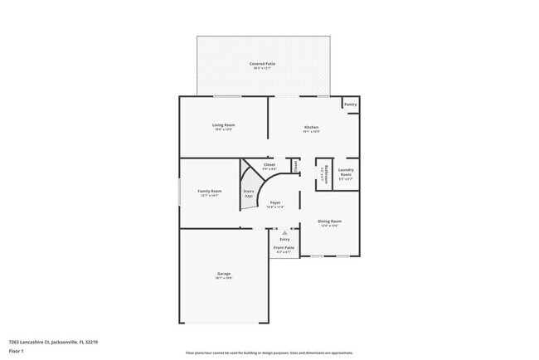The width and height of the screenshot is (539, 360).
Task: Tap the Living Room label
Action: click(x=224, y=124)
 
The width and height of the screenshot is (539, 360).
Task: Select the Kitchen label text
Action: click(x=311, y=127)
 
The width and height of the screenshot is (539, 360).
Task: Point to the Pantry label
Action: click(x=351, y=105)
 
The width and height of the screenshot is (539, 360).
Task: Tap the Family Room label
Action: click(x=209, y=191)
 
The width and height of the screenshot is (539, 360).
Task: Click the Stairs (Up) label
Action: click(x=248, y=193)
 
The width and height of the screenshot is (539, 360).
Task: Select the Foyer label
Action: click(x=275, y=202)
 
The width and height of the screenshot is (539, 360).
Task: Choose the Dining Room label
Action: click(x=330, y=221)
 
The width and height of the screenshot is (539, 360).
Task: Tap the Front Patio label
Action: click(x=284, y=248)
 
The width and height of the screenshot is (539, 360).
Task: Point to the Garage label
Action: click(x=224, y=274)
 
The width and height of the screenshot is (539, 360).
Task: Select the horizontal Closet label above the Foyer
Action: click(x=269, y=164)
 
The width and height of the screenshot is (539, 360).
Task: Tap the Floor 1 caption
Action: click(x=17, y=350)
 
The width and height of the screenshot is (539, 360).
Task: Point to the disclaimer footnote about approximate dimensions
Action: click(x=269, y=353)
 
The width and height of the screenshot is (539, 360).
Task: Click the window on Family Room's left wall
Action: click(x=180, y=193)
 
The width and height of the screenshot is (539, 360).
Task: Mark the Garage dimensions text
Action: click(x=224, y=279)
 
